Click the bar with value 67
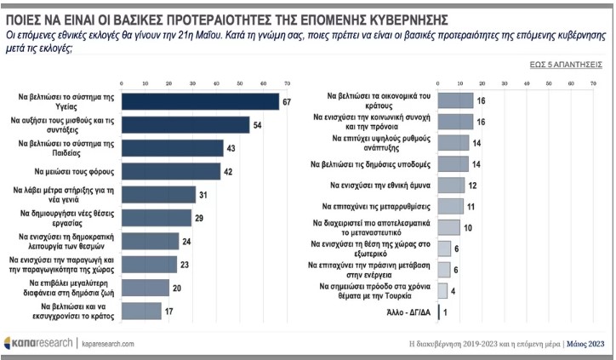[200, 102]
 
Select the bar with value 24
[150, 242]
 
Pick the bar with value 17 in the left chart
[141, 311]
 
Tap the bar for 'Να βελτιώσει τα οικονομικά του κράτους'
[455, 100]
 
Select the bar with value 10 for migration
[448, 227]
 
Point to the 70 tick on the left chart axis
[286, 83]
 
